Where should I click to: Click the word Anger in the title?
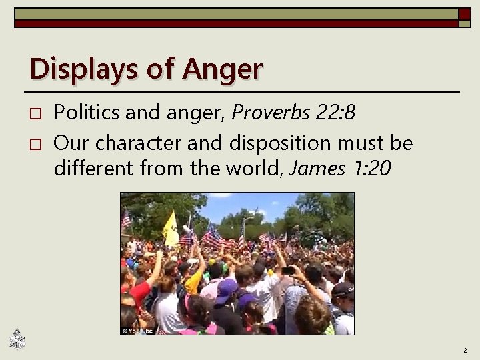tap(223, 69)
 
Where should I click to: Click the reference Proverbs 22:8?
tap(293, 113)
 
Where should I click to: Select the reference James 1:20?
tap(340, 170)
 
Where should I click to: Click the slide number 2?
tap(465, 350)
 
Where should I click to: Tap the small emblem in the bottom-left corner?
tap(17, 341)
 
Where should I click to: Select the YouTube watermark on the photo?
tap(138, 331)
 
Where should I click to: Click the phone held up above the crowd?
tap(288, 271)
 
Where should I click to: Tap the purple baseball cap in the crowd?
tap(226, 291)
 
